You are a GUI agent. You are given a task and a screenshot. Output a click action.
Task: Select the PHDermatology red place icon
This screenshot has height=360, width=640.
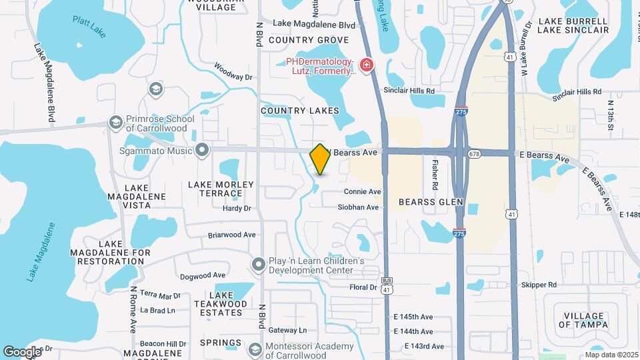coord(365,65)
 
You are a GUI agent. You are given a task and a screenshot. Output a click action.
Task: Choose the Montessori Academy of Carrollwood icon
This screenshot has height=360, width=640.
coord(255,349)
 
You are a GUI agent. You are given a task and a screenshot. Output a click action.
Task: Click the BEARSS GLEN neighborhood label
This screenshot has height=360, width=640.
coord(430,201)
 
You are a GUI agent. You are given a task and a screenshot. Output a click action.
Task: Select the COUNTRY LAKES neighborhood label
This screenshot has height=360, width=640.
coord(299,111)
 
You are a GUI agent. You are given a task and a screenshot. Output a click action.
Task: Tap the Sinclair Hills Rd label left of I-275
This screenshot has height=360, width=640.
coord(409,90)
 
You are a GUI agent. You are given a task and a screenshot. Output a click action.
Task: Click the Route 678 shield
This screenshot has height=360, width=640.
coord(474,154)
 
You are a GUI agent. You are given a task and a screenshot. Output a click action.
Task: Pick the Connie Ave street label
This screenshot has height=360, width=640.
coord(362,192)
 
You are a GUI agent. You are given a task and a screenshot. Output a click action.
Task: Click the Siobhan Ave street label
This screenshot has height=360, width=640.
coord(358,207)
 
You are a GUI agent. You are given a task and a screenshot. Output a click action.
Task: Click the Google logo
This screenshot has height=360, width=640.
coord(22,351)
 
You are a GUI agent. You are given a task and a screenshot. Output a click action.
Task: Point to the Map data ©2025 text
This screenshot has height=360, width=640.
coord(611,355)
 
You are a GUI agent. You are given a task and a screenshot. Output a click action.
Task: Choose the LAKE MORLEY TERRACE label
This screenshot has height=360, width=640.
coord(221,189)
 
